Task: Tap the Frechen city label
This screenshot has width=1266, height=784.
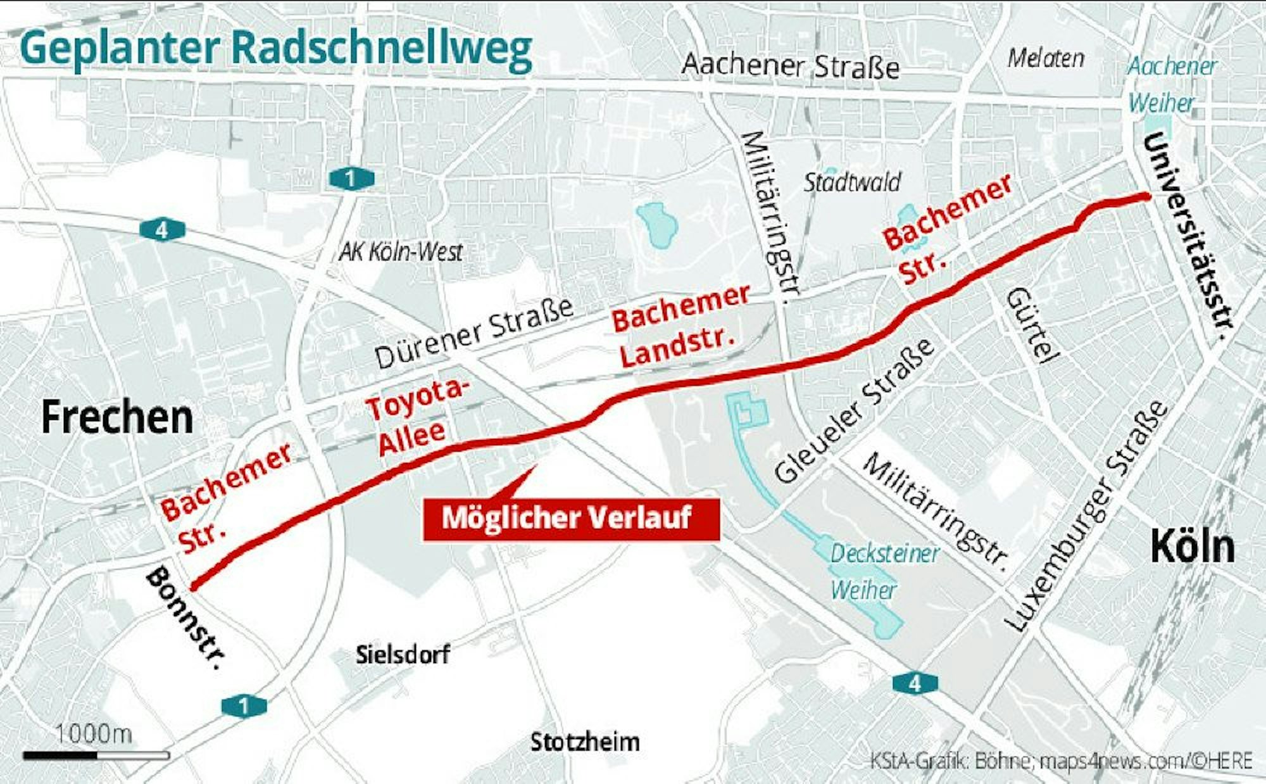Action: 117,418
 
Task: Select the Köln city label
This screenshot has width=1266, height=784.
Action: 1192,546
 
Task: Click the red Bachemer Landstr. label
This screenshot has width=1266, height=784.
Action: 680,326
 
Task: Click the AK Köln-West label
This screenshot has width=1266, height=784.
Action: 401,252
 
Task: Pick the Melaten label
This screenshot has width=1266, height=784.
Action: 1046,58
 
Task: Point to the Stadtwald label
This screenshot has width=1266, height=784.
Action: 852,183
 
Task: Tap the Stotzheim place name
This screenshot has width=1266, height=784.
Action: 585,742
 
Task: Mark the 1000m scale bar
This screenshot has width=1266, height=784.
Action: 96,755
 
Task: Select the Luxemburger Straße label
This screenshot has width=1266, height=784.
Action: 1086,516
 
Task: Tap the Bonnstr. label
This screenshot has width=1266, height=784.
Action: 186,618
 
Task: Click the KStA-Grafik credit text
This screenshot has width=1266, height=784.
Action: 1061,760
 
